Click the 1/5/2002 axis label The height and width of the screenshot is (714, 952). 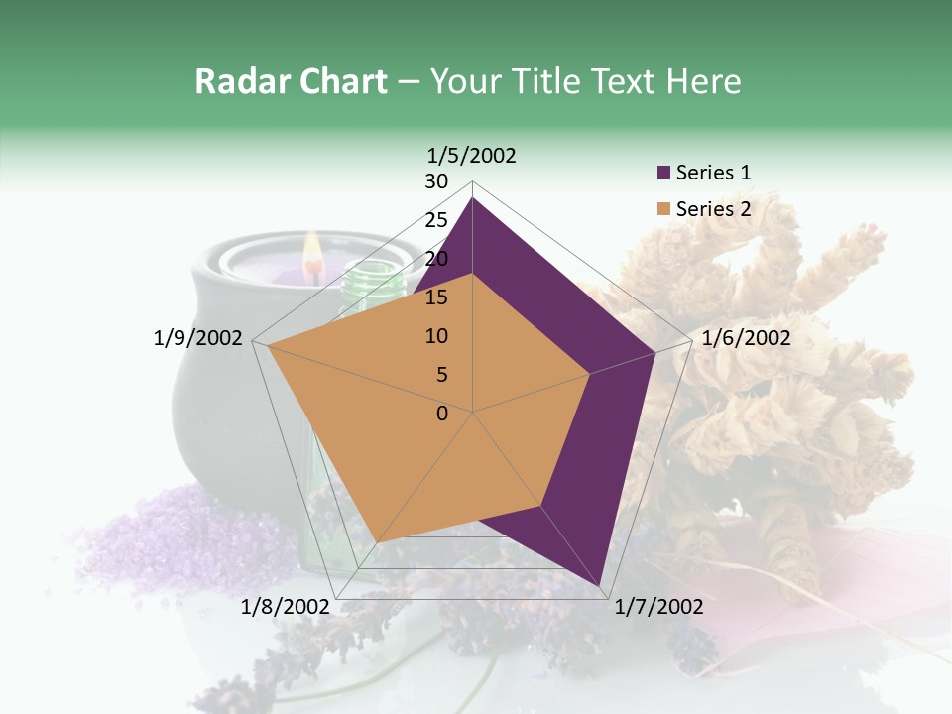[x=471, y=155]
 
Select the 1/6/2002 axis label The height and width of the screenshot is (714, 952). [x=746, y=338]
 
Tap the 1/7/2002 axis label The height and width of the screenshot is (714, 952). [x=658, y=607]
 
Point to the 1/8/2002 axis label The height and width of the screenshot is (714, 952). [x=285, y=607]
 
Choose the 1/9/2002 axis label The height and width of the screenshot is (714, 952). [x=197, y=338]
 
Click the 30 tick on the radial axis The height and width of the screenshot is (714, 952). [x=436, y=181]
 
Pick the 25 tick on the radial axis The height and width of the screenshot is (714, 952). [x=436, y=220]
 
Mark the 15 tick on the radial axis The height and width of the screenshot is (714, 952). [x=436, y=297]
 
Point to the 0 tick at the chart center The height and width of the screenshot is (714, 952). [x=442, y=414]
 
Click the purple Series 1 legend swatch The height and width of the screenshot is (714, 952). [x=663, y=174]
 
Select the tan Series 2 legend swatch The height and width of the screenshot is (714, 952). [x=663, y=209]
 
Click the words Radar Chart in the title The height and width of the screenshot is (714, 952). [x=291, y=81]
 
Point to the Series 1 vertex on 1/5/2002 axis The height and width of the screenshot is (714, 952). [x=472, y=197]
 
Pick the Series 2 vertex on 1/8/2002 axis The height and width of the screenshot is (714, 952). [x=376, y=542]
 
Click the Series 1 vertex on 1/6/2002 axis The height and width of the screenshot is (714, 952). [x=654, y=352]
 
